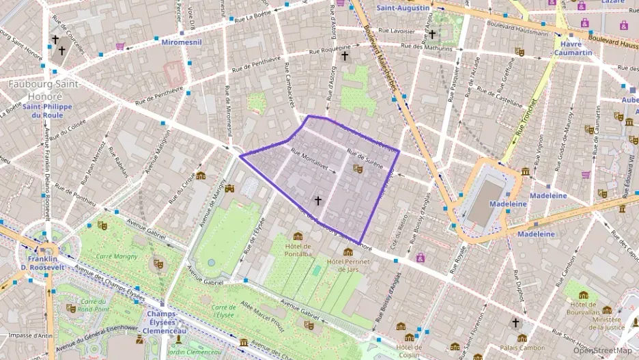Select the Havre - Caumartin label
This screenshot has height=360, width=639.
pyautogui.click(x=572, y=47)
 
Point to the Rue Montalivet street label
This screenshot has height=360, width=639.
pyautogui.click(x=309, y=159)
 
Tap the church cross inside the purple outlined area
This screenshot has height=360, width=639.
pyautogui.click(x=317, y=200)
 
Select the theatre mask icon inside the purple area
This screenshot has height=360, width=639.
pyautogui.click(x=358, y=168)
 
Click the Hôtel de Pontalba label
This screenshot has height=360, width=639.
pyautogui.click(x=297, y=250)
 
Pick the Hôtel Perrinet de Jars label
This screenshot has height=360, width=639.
pyautogui.click(x=348, y=265)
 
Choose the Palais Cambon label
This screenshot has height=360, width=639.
pyautogui.click(x=522, y=348)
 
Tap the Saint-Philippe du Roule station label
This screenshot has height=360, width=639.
pyautogui.click(x=42, y=111)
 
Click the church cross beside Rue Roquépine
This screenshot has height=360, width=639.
pyautogui.click(x=345, y=55)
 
